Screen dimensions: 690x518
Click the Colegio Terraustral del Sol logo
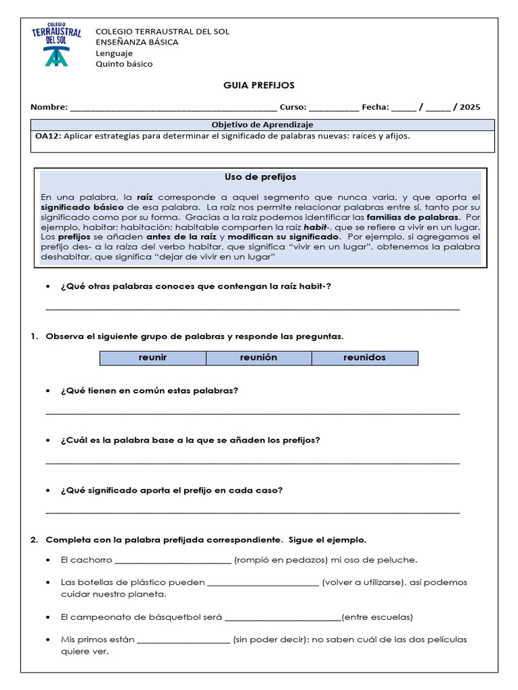[57, 46]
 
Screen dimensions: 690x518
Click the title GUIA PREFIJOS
[259, 86]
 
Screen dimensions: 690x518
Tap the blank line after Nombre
[173, 108]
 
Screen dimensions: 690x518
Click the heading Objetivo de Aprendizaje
[262, 125]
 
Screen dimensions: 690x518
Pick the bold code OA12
[48, 136]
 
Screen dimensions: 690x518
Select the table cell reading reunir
[153, 358]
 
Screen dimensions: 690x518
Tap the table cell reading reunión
[258, 358]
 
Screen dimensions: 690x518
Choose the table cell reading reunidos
[364, 358]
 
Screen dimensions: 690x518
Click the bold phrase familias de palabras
[413, 218]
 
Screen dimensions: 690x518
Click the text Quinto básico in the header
[124, 64]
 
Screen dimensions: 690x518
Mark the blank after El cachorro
[173, 560]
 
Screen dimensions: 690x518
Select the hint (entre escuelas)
[377, 617]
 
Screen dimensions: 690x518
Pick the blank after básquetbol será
[283, 618]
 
